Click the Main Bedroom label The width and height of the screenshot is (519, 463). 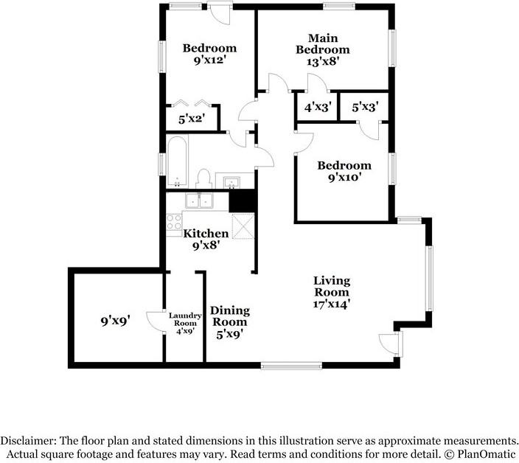[x=323, y=43]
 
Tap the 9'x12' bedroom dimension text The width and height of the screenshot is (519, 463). [x=210, y=60]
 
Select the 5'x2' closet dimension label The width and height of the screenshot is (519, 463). [x=192, y=119]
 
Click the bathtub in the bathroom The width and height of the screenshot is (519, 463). [x=177, y=162]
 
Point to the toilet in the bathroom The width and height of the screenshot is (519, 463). [x=203, y=178]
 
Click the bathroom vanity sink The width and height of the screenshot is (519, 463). [x=231, y=182]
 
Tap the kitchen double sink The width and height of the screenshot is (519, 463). [x=199, y=201]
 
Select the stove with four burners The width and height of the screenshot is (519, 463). [x=174, y=222]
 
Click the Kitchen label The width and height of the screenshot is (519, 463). [x=206, y=233]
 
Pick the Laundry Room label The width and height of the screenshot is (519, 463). [x=185, y=319]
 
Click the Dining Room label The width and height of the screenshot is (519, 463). [x=230, y=316]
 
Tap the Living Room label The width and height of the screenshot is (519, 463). [x=332, y=287]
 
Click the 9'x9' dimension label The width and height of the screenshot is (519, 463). [x=115, y=321]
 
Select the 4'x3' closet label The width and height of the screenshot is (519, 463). [x=318, y=107]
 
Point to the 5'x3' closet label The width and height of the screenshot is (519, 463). [x=365, y=107]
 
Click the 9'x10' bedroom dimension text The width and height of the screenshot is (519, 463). [x=344, y=178]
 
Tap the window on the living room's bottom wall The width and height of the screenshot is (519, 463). [x=291, y=366]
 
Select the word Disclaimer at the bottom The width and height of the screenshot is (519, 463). [x=29, y=441]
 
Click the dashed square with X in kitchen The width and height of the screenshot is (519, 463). [x=243, y=226]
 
